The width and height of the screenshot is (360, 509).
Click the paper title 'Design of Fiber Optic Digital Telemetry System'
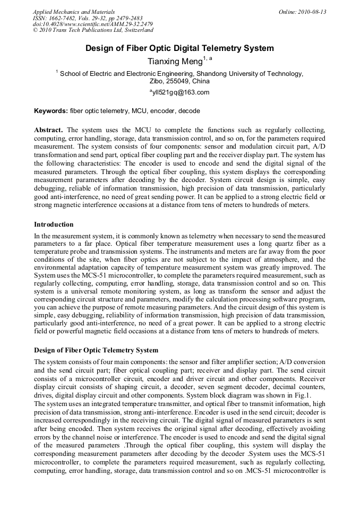coord(179,48)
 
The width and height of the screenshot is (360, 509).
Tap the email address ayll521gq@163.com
coord(180,92)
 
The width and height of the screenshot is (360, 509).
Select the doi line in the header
coord(93,24)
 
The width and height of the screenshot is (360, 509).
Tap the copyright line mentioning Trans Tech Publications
coord(93,30)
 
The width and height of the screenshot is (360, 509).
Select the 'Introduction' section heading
coord(54,225)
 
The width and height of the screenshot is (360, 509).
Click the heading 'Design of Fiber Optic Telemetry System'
coord(96,350)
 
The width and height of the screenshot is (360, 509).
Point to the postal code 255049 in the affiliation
coord(177,82)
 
